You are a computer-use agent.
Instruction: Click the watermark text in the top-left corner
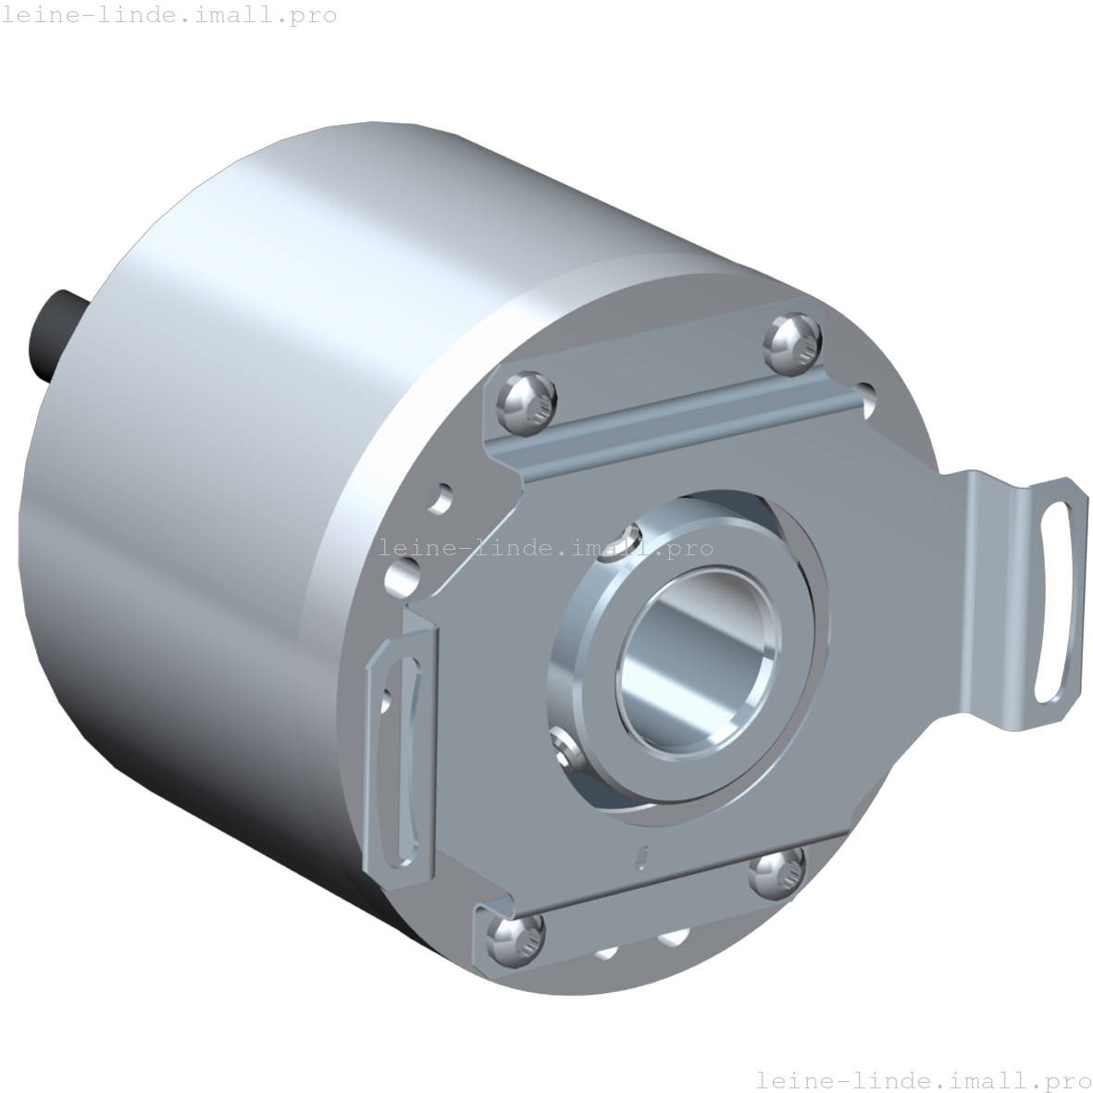[169, 16]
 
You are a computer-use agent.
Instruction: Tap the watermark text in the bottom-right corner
[923, 1079]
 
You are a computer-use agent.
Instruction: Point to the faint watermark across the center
[546, 548]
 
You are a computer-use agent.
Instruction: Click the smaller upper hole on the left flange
[443, 498]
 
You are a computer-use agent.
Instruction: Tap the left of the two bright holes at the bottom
[606, 950]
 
